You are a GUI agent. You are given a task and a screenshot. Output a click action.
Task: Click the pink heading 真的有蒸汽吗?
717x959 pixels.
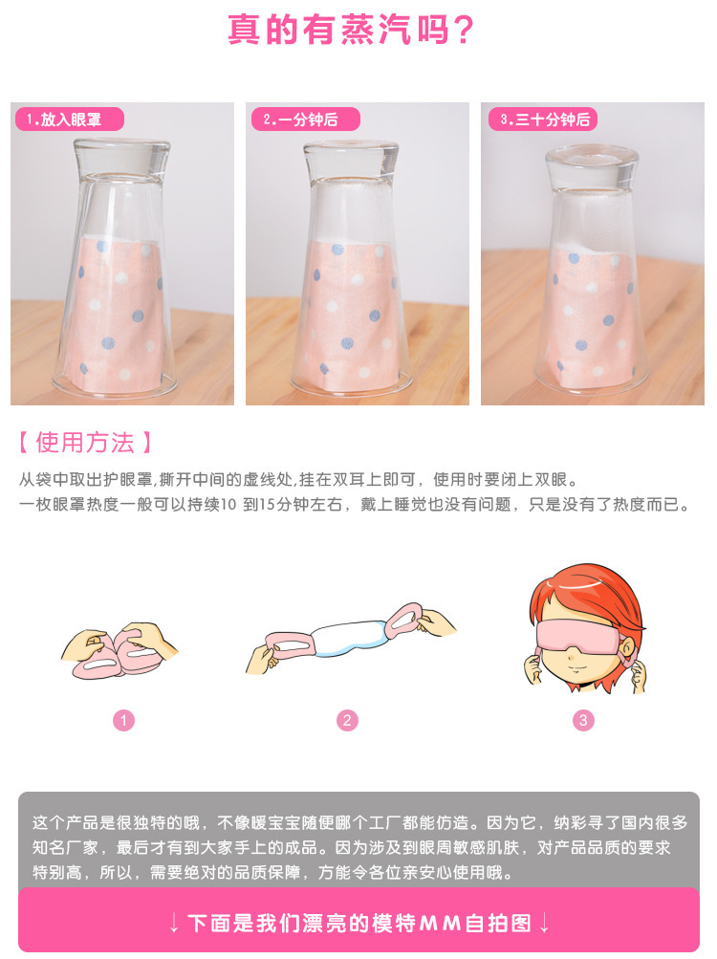351,30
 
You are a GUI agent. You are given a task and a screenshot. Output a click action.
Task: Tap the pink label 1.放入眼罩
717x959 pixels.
69,120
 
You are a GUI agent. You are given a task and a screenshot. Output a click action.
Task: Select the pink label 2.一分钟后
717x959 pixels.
305,120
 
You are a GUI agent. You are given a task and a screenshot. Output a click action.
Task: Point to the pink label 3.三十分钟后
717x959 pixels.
543,120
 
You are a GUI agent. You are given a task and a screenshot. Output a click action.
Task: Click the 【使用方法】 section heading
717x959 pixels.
85,442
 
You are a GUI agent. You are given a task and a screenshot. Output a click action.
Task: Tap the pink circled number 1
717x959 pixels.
123,721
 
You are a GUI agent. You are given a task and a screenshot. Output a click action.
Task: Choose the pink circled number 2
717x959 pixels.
347,721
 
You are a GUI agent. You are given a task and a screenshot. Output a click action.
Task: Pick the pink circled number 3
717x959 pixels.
583,721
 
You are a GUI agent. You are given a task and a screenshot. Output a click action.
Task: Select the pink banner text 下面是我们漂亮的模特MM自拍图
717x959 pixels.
359,923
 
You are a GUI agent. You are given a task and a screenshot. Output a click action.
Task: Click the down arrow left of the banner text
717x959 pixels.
174,924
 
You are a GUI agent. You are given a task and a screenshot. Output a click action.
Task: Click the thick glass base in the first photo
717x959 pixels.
121,157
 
